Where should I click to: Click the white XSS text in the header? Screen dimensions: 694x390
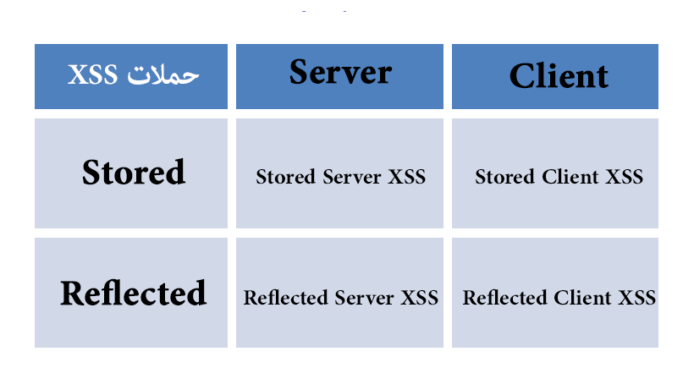[92, 74]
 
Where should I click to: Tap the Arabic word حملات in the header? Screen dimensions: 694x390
[163, 74]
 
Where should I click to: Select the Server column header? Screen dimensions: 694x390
[340, 72]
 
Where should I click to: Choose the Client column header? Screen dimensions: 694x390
[559, 75]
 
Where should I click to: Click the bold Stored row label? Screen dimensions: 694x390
[133, 172]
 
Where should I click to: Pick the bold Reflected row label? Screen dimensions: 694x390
[133, 293]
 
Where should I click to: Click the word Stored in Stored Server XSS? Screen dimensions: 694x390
[285, 177]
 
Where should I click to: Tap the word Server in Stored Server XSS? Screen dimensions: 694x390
[352, 177]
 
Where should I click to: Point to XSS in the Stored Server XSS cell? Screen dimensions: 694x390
[407, 177]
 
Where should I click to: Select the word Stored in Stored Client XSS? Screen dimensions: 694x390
[505, 177]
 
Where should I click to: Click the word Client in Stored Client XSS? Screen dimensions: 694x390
[570, 177]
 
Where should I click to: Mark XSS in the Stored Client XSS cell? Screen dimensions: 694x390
[625, 177]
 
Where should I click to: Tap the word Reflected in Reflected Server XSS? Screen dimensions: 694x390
[285, 298]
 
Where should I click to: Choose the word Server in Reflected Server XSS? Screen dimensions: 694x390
[364, 298]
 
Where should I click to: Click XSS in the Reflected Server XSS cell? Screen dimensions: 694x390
[420, 298]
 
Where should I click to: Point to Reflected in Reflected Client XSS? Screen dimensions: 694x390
[504, 298]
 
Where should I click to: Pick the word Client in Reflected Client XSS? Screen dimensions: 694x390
[582, 298]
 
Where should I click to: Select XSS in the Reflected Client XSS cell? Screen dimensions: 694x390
[637, 298]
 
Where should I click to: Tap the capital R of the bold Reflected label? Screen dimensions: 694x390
[72, 293]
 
